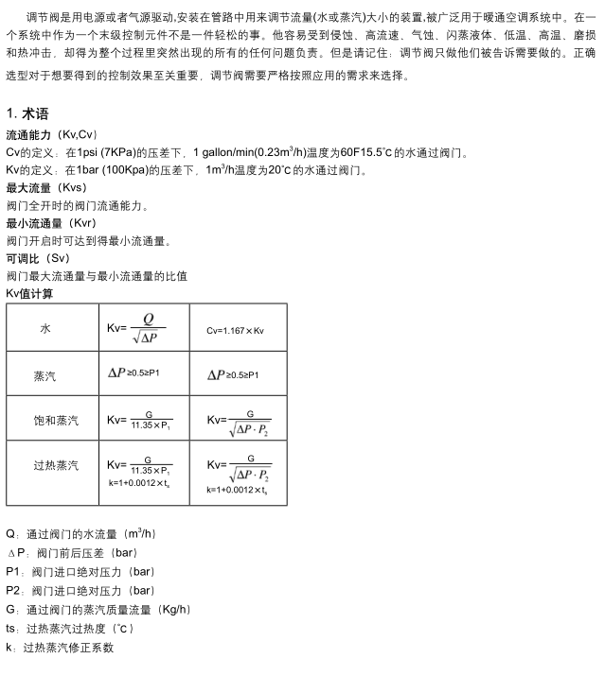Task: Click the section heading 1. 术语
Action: pyautogui.click(x=27, y=114)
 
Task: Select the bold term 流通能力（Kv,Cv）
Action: pyautogui.click(x=51, y=134)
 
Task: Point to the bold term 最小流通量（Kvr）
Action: pyautogui.click(x=51, y=223)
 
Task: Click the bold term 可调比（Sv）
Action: pyautogui.click(x=38, y=258)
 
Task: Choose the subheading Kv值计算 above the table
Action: pyautogui.click(x=29, y=294)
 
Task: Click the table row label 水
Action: pyautogui.click(x=45, y=328)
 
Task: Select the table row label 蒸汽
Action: pyautogui.click(x=45, y=375)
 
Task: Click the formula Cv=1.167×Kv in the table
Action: pyautogui.click(x=235, y=331)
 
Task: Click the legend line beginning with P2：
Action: pyautogui.click(x=80, y=591)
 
